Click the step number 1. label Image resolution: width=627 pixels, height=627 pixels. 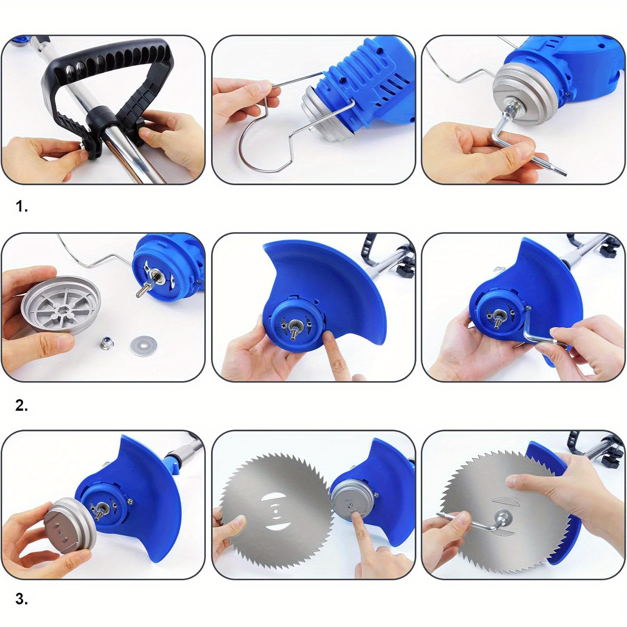point(22,206)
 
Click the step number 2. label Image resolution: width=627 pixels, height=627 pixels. point(22,405)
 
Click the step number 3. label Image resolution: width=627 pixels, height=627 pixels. point(22,599)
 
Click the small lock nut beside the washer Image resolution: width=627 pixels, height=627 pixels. point(104,344)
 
